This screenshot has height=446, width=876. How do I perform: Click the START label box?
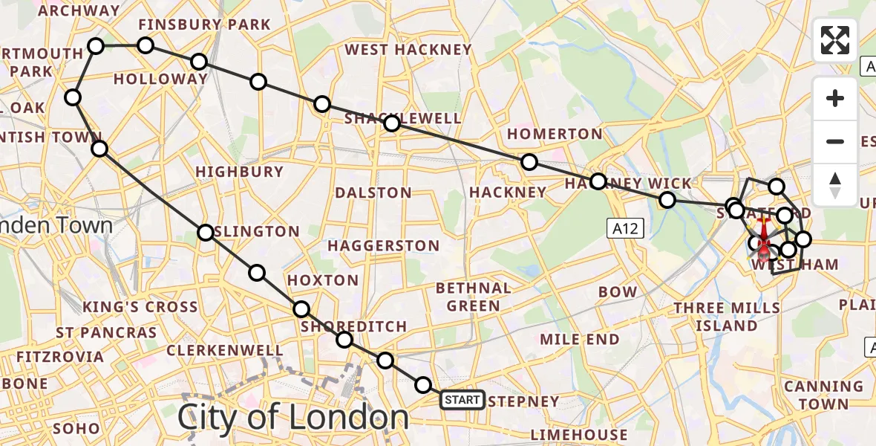462,401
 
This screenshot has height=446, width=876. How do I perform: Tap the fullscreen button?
835,40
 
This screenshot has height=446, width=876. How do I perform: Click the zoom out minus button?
835,141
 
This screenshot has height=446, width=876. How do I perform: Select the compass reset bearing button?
835,184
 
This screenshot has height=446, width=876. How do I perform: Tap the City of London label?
292,417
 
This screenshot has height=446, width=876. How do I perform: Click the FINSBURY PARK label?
204,25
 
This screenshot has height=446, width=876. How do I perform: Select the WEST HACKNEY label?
408,50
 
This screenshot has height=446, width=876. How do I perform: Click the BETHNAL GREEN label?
474,297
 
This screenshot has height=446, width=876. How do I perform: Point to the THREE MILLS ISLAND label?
726,317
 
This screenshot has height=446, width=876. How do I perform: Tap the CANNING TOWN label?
824,395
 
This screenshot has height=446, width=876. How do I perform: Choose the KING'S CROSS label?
140,307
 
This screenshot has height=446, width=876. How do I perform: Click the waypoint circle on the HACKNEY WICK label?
598,181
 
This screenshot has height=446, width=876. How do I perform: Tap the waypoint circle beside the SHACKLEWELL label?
391,123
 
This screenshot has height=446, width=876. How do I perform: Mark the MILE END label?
580,340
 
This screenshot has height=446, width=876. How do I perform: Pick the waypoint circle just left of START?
422,385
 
